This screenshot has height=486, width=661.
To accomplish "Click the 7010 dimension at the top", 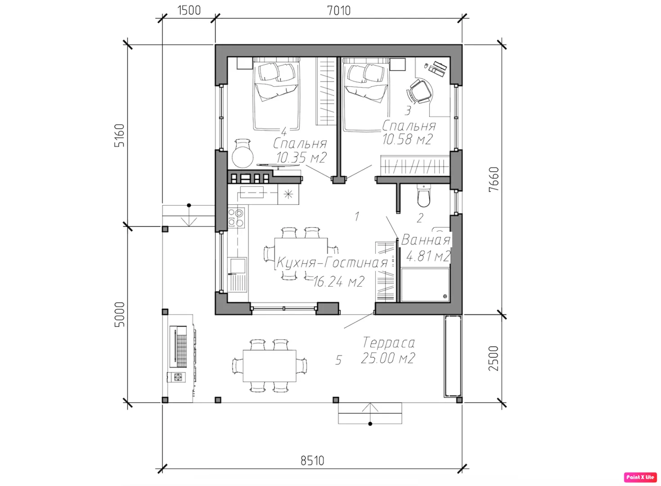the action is pos(339,11).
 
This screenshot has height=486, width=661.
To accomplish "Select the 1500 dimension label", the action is pos(189,10).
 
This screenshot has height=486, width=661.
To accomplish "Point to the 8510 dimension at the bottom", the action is pos(312,461).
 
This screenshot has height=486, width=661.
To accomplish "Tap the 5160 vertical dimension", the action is pos(120,135).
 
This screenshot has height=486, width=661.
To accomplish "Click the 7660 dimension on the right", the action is pos(494,179).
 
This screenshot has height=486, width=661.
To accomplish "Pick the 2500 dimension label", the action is pos(493,359).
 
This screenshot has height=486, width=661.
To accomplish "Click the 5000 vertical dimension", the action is pos(120,315).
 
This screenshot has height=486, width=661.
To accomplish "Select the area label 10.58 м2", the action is pos(408,139).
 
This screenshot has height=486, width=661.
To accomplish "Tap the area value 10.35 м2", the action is pos(301,157).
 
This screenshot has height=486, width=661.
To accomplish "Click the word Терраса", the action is pos(389,342).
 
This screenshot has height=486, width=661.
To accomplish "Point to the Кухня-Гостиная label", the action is pos(332,262).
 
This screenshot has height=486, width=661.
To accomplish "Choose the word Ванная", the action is pos(426,240).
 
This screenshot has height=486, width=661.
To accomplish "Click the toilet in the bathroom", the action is pos(424,195).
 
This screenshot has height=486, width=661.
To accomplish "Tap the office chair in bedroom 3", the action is pos(420,91).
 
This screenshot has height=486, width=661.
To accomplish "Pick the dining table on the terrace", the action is pos(270,365).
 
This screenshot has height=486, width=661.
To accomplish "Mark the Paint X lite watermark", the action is pos(640,477).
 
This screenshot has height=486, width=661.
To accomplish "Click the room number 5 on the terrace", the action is pos(338,360).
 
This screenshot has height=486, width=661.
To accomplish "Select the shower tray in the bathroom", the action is pos(425,285).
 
